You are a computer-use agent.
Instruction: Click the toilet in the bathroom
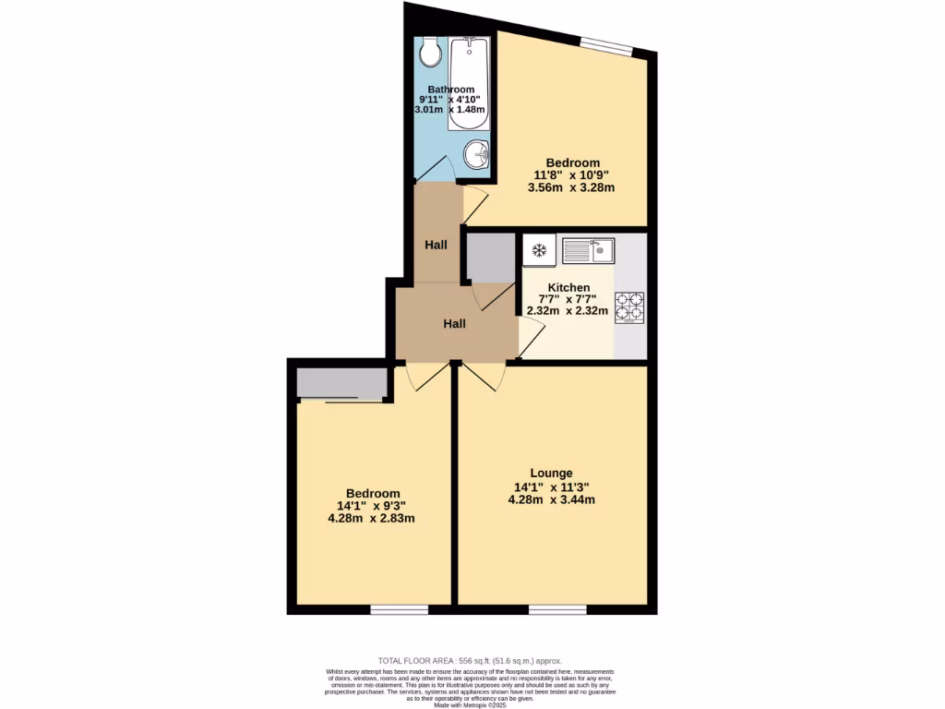click(x=429, y=54)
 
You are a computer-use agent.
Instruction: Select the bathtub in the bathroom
click(x=470, y=83)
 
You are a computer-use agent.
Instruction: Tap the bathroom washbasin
click(x=476, y=153)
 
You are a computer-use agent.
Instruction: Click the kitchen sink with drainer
click(x=587, y=250)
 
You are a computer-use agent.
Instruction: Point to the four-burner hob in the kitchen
click(x=630, y=307)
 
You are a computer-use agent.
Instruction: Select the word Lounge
click(x=550, y=474)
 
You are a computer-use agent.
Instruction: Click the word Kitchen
click(x=568, y=288)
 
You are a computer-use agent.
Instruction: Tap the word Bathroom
click(x=450, y=90)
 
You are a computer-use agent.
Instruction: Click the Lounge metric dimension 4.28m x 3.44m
click(x=551, y=500)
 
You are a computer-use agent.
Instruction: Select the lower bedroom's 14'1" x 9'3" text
click(x=372, y=505)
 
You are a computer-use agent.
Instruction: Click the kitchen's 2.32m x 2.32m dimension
click(x=568, y=311)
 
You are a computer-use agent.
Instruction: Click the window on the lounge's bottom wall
click(x=557, y=609)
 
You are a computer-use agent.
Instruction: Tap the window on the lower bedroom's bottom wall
click(x=399, y=609)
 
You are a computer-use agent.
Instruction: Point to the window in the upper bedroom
click(x=607, y=45)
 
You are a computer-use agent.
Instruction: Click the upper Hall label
click(x=436, y=245)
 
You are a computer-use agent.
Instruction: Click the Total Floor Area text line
click(x=471, y=661)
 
